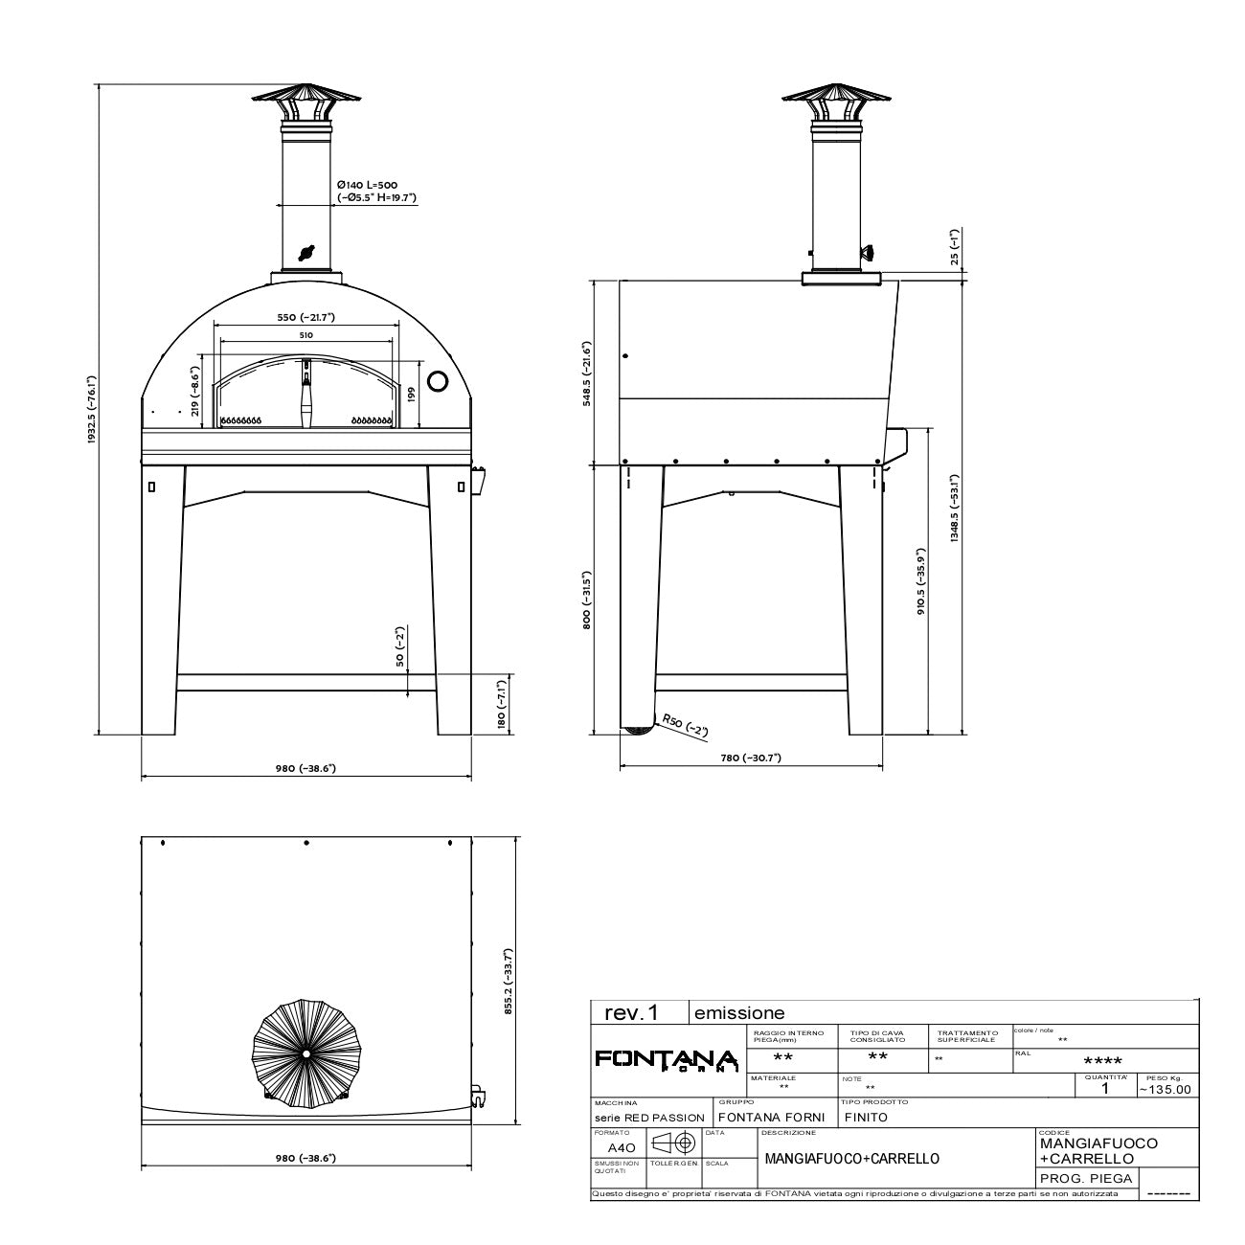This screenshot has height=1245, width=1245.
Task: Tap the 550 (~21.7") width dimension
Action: [x=306, y=318]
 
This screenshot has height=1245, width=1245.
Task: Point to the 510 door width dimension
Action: [x=306, y=335]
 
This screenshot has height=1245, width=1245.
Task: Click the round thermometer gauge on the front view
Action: [x=437, y=380]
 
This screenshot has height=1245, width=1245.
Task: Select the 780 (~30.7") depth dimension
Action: [x=751, y=758]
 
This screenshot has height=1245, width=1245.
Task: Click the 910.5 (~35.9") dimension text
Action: [x=920, y=581]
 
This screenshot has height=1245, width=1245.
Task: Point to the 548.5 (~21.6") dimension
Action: [x=588, y=373]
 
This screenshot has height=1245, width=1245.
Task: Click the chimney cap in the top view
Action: [x=304, y=1053]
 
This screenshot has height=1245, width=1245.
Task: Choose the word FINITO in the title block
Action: [x=868, y=1117]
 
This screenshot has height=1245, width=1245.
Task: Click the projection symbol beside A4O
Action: [x=674, y=1143]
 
